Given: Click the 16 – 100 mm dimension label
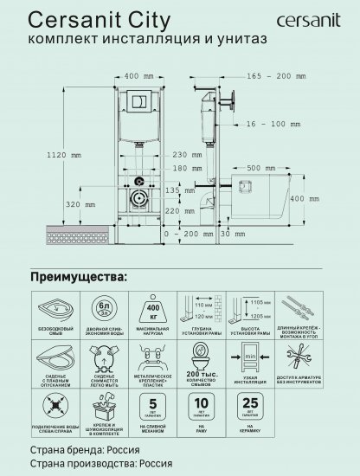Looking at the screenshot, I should (x=272, y=125).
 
